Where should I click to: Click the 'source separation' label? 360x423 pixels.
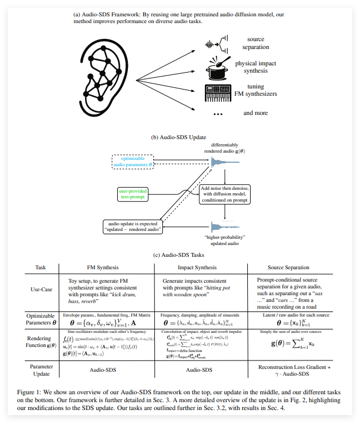click(255, 43)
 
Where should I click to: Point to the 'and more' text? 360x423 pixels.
click(255, 113)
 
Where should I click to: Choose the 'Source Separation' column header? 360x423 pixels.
click(288, 268)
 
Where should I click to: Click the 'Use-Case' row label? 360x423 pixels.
click(41, 290)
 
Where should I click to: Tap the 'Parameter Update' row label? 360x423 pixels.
click(41, 371)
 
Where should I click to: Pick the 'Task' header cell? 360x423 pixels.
click(41, 268)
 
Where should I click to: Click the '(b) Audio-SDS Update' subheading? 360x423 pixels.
click(180, 137)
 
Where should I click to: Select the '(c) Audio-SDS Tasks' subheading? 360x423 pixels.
click(180, 255)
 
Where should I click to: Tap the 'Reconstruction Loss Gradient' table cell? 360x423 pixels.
click(291, 367)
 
